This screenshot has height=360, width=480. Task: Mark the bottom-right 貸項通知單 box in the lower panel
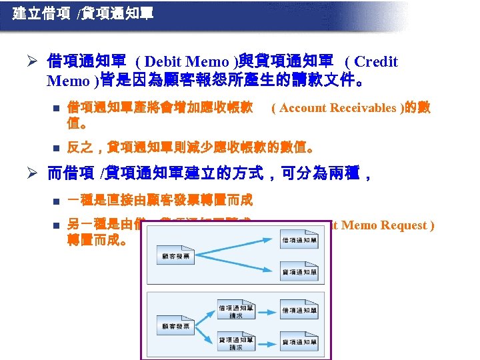tap(300, 343)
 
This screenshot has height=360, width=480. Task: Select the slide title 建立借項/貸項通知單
tap(83, 13)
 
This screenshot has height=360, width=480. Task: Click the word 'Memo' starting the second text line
tap(69, 82)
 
